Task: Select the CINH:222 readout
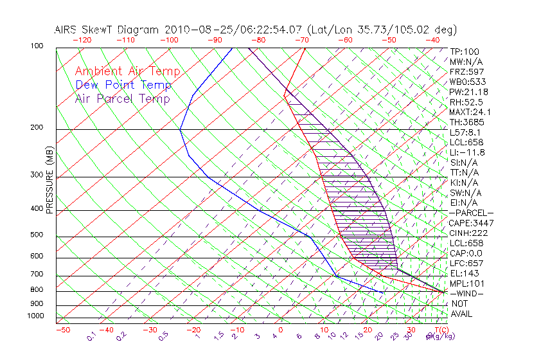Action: coord(467,233)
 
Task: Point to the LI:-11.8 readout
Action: coord(467,152)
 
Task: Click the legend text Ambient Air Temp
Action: coord(128,71)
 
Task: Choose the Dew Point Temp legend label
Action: coord(123,85)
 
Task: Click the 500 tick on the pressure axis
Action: coord(36,235)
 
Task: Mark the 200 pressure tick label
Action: coord(36,127)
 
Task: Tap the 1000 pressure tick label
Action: coord(34,316)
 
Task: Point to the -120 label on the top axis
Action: coord(81,40)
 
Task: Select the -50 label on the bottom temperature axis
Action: coord(62,330)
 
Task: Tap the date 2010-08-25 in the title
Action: coord(191,30)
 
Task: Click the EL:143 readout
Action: coord(463,273)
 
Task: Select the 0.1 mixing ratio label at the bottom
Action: coord(91,336)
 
